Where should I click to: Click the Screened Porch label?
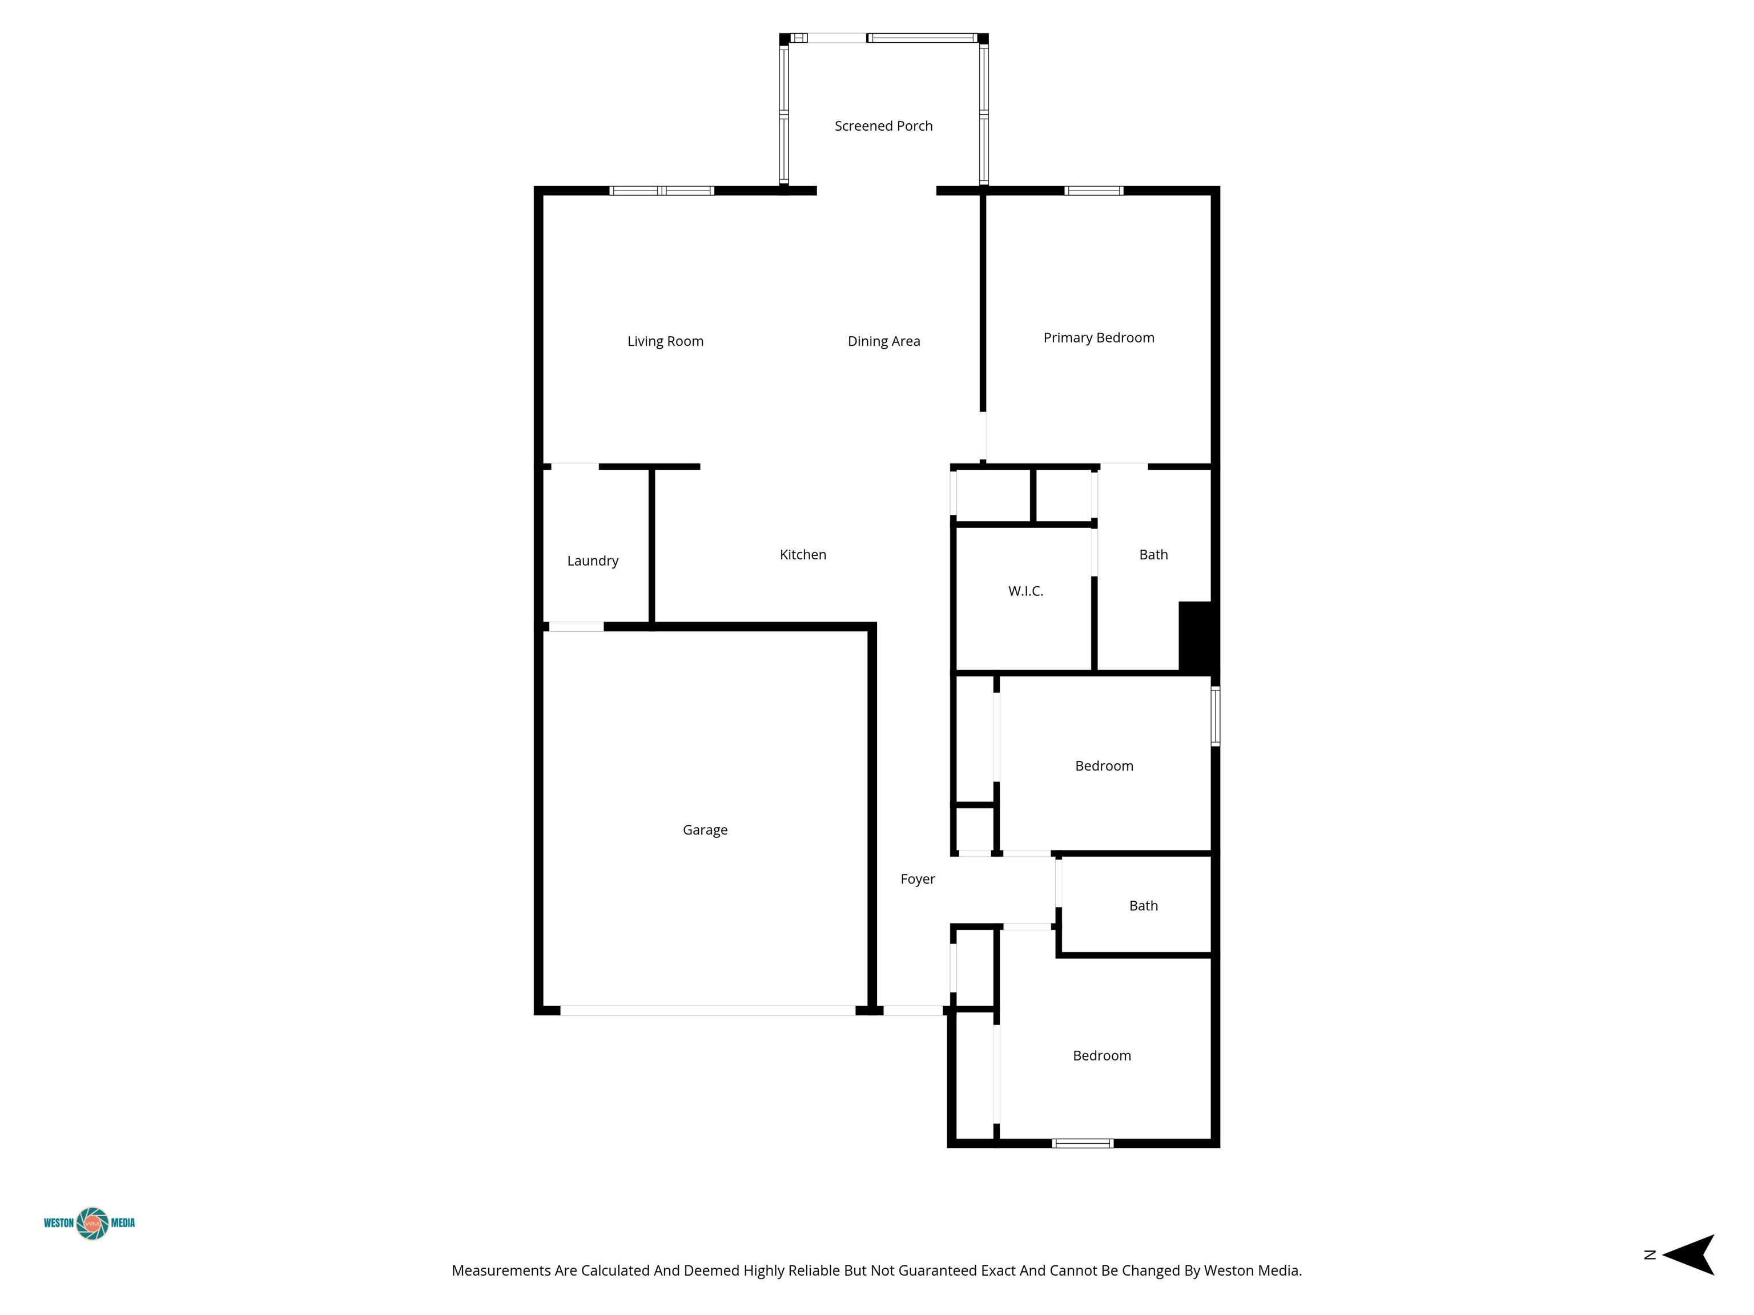coord(883,126)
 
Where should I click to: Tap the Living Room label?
coord(665,342)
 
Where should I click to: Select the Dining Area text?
coord(884,342)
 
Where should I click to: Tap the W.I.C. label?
coord(1026,591)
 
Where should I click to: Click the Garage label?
coord(705,830)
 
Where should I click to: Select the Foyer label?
coord(918,879)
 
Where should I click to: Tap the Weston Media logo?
coord(90,1223)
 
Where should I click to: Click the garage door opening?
coord(708,1011)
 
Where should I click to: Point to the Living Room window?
coord(661,190)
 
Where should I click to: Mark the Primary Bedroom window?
coord(1093,190)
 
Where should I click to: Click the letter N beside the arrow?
coord(1650,1255)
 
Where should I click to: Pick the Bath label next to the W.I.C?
coord(1154,555)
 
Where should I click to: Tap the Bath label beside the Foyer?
coord(1144,906)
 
